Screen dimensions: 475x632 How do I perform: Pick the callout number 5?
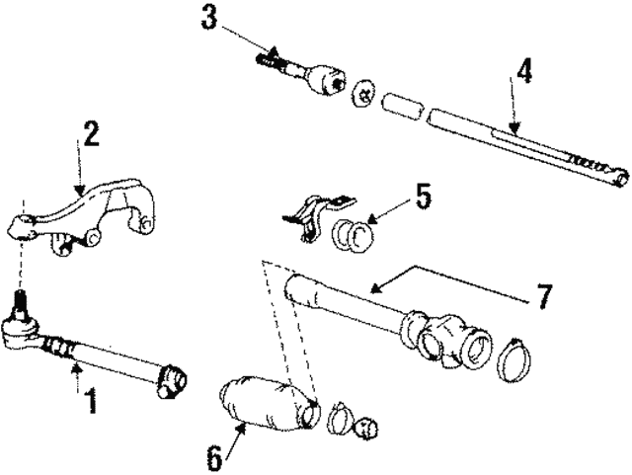423,196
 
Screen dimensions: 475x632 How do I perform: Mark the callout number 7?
542,294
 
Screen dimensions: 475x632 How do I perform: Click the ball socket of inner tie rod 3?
326,80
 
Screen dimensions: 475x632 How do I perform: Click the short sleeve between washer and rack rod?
402,106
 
